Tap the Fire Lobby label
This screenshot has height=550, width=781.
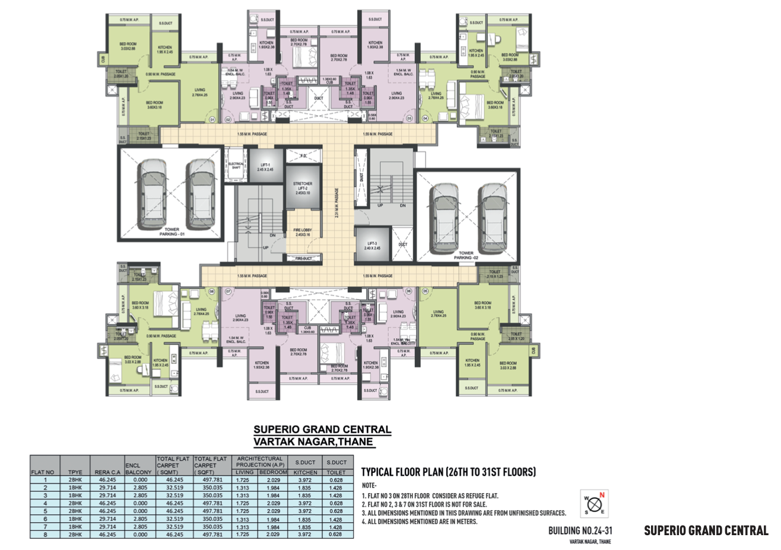(302, 232)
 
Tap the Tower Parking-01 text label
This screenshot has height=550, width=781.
(172, 231)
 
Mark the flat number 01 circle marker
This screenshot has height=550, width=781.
(212, 119)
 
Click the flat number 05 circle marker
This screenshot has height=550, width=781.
(425, 291)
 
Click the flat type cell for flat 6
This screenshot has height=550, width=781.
(75, 519)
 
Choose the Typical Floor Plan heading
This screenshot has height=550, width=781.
(448, 472)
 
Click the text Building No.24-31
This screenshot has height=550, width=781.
(580, 530)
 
